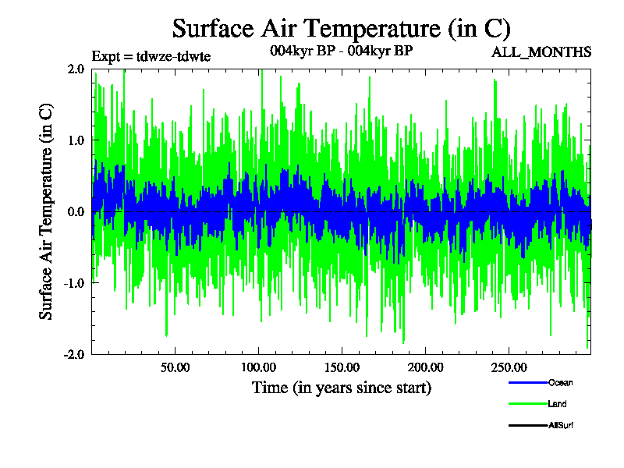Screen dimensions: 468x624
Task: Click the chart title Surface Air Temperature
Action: (x=341, y=29)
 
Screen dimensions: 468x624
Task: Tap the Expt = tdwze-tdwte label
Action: (x=151, y=56)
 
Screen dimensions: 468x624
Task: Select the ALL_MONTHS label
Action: (x=541, y=52)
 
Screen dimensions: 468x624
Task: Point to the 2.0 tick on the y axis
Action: (x=76, y=69)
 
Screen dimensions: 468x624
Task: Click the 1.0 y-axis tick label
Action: (x=76, y=140)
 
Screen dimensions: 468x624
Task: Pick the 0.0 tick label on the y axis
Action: (x=76, y=211)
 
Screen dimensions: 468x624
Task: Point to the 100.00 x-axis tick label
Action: (x=257, y=367)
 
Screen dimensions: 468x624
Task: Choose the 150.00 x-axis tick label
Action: (x=341, y=367)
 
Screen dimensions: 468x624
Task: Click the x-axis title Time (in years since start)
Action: (x=341, y=388)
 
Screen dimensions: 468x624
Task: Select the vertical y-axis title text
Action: (x=46, y=211)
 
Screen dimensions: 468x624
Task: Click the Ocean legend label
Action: (x=560, y=383)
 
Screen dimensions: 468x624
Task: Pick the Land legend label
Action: (x=557, y=404)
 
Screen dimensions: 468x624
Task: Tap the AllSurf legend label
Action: (x=562, y=425)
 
